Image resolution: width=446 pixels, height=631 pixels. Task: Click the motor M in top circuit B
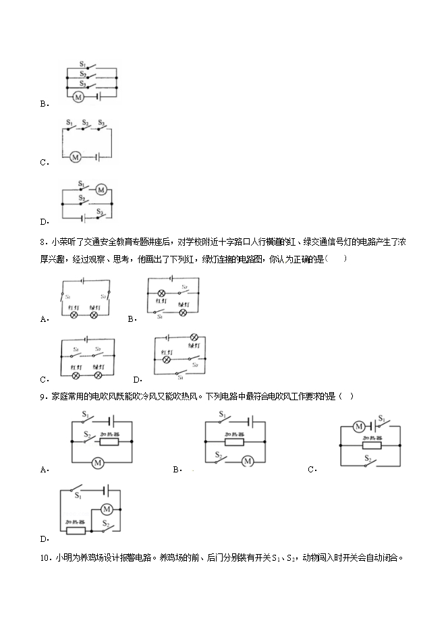pyautogui.click(x=78, y=97)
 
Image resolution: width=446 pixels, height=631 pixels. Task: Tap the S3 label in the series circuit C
pyautogui.click(x=101, y=123)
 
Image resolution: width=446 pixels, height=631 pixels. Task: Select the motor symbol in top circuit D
pyautogui.click(x=101, y=190)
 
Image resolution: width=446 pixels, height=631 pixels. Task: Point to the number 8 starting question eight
pyautogui.click(x=43, y=242)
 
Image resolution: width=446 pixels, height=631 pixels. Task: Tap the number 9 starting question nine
pyautogui.click(x=43, y=396)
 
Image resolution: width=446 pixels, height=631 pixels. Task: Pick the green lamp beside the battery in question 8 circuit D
pyautogui.click(x=194, y=337)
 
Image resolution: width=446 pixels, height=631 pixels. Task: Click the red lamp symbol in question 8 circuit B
pyautogui.click(x=162, y=294)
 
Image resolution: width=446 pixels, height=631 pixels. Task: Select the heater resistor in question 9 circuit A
pyautogui.click(x=109, y=441)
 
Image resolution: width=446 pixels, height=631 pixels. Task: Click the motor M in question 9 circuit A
pyautogui.click(x=98, y=462)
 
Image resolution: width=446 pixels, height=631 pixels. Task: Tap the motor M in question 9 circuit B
pyautogui.click(x=246, y=461)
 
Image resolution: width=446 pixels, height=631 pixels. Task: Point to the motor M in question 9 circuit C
pyautogui.click(x=359, y=427)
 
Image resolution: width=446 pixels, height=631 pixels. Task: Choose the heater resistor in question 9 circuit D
pyautogui.click(x=75, y=530)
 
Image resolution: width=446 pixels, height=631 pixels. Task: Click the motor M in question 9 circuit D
pyautogui.click(x=106, y=509)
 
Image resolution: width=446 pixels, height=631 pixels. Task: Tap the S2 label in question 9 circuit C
pyautogui.click(x=368, y=458)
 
